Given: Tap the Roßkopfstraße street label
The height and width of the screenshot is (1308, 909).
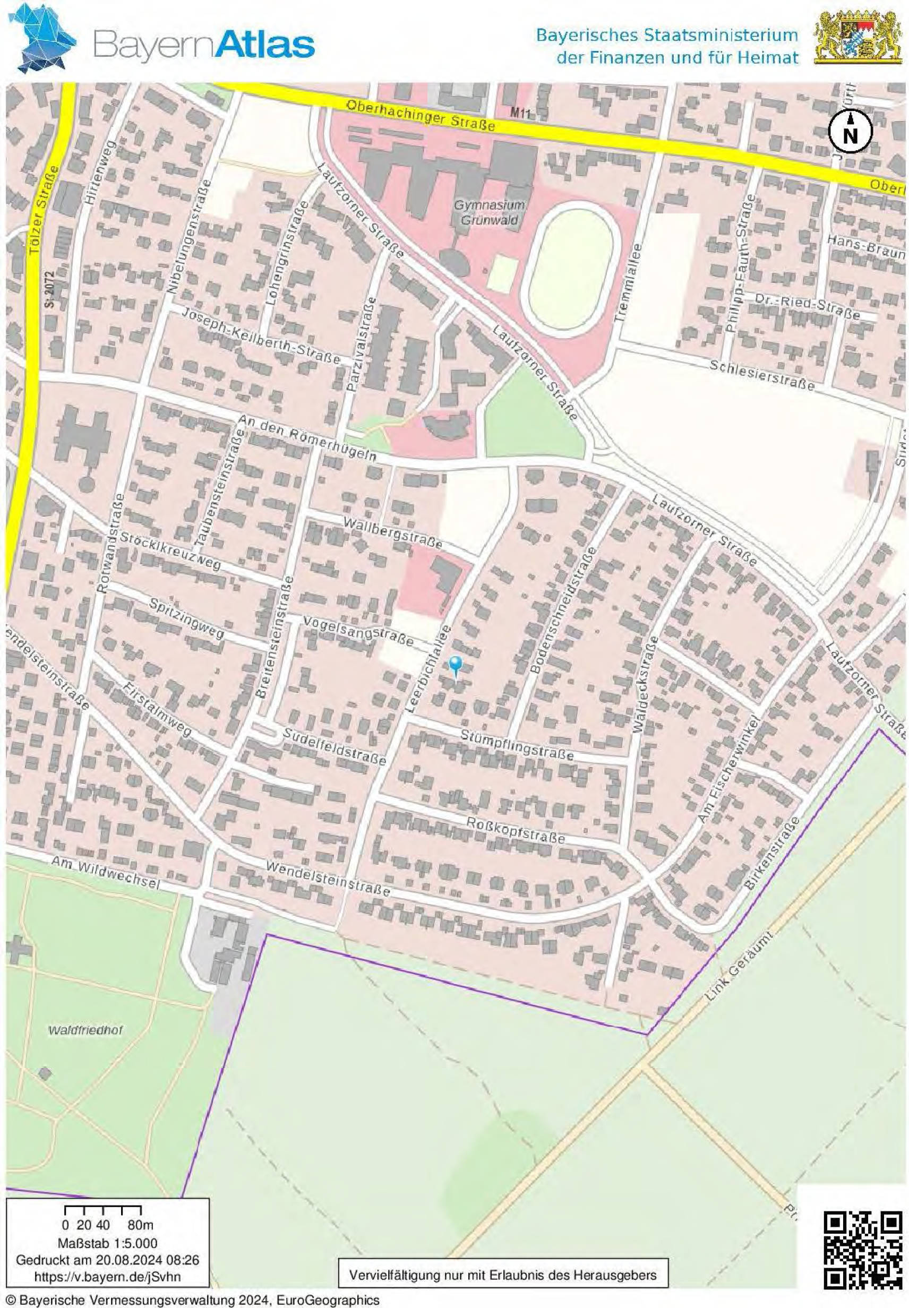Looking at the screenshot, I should [x=516, y=831].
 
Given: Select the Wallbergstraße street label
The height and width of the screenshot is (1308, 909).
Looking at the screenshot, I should [x=393, y=532].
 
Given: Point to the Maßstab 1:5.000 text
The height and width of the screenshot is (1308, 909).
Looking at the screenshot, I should [x=107, y=1244].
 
